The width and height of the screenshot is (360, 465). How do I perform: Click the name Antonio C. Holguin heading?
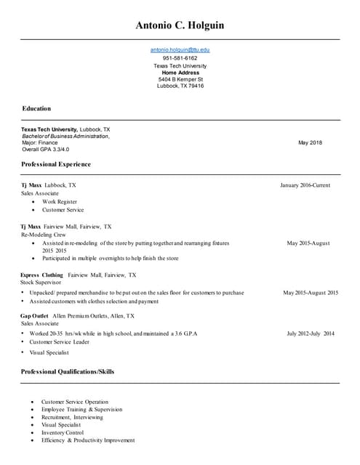(x=180, y=25)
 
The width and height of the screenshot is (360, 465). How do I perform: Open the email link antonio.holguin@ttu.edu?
(x=180, y=49)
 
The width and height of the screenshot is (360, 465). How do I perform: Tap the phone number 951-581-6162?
(x=180, y=58)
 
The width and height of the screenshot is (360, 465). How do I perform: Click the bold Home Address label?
(x=180, y=73)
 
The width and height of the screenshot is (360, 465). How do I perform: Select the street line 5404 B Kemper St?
(x=180, y=79)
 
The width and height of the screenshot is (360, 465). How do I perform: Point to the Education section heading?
(x=36, y=108)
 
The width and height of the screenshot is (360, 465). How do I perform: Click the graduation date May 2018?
(x=310, y=142)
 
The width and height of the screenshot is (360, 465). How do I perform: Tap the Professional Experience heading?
(x=56, y=164)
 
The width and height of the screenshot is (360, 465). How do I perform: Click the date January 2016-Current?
(x=305, y=185)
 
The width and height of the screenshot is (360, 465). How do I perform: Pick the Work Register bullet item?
(x=59, y=201)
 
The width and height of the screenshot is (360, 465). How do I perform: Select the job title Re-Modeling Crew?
(x=44, y=235)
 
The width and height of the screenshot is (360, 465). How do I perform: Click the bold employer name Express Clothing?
(x=41, y=275)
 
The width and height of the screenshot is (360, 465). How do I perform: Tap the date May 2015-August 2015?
(x=311, y=293)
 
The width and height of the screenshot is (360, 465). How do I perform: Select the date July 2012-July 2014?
(x=311, y=333)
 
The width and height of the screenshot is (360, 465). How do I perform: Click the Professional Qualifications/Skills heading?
(x=68, y=371)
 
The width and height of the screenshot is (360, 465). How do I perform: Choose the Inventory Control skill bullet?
(x=63, y=432)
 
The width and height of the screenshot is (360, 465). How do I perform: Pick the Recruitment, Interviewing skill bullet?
(x=72, y=417)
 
